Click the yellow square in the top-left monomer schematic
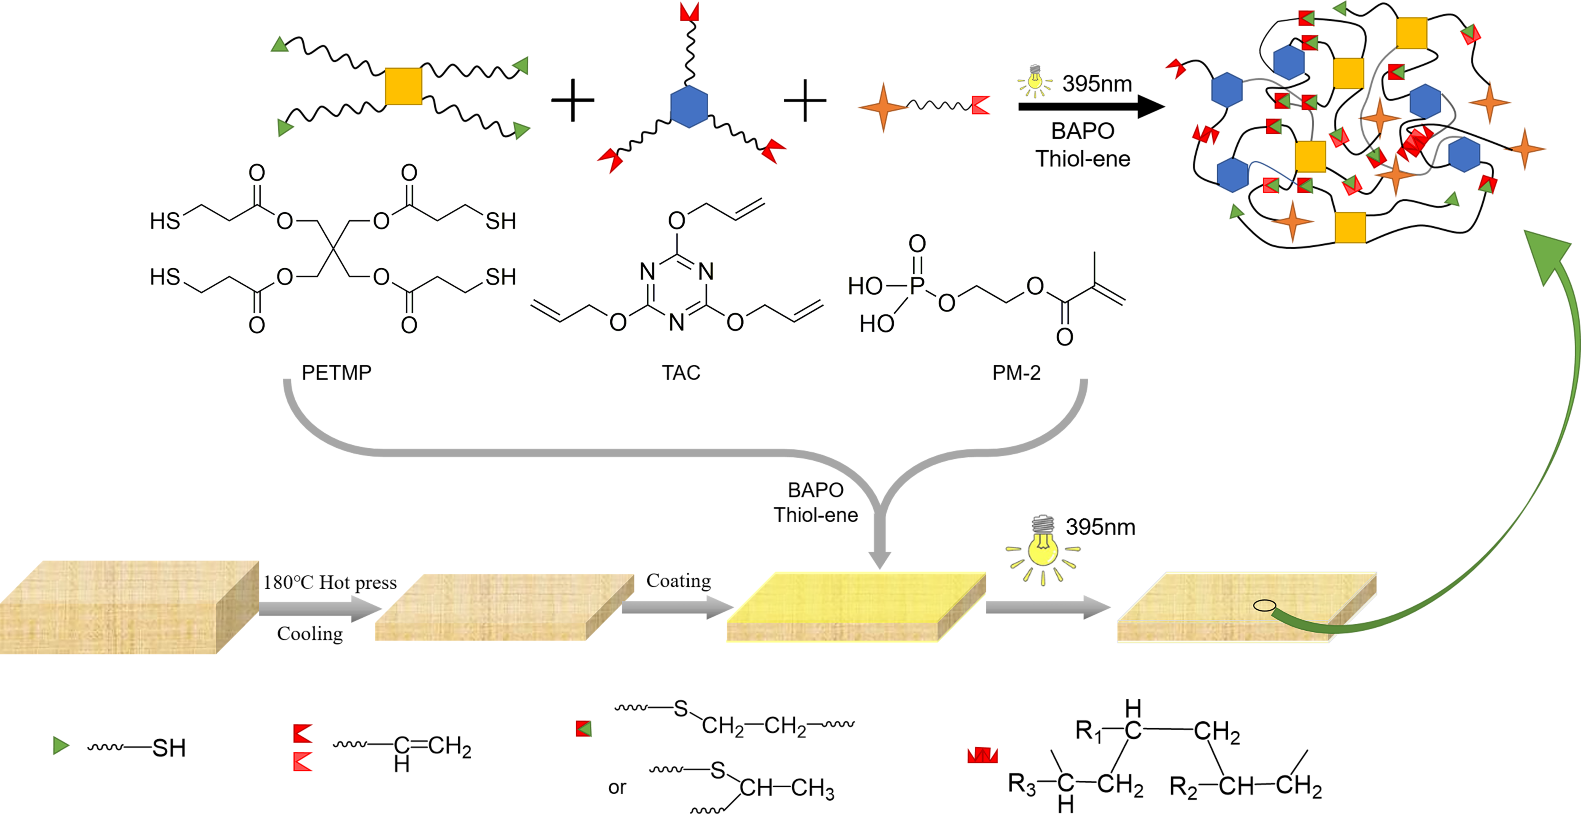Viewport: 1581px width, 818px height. tap(403, 86)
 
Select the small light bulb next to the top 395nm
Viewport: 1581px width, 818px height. tap(1035, 80)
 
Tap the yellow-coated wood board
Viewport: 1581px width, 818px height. tap(856, 605)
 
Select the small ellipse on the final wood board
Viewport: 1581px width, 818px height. tap(1264, 606)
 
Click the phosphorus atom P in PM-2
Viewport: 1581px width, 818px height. tap(917, 286)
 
